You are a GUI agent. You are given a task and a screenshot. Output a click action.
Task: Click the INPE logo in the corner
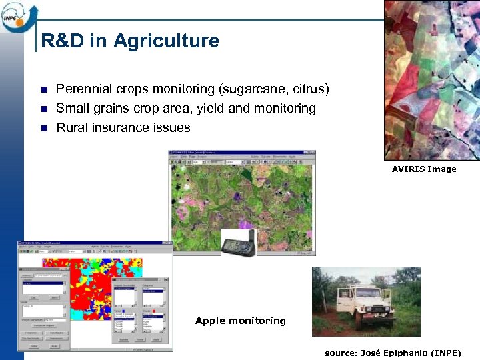(19, 16)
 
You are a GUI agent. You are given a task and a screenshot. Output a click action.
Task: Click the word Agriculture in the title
(166, 41)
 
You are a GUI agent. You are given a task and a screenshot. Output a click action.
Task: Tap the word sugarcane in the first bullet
(255, 89)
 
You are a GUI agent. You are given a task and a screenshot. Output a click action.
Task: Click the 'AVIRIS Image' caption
(424, 169)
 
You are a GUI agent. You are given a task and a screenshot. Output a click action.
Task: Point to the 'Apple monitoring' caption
(240, 321)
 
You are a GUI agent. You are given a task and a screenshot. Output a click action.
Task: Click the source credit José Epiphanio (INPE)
(392, 353)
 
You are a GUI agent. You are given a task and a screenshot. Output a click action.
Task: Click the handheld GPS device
(238, 243)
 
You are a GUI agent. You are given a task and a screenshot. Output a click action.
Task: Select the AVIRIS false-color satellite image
(431, 80)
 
